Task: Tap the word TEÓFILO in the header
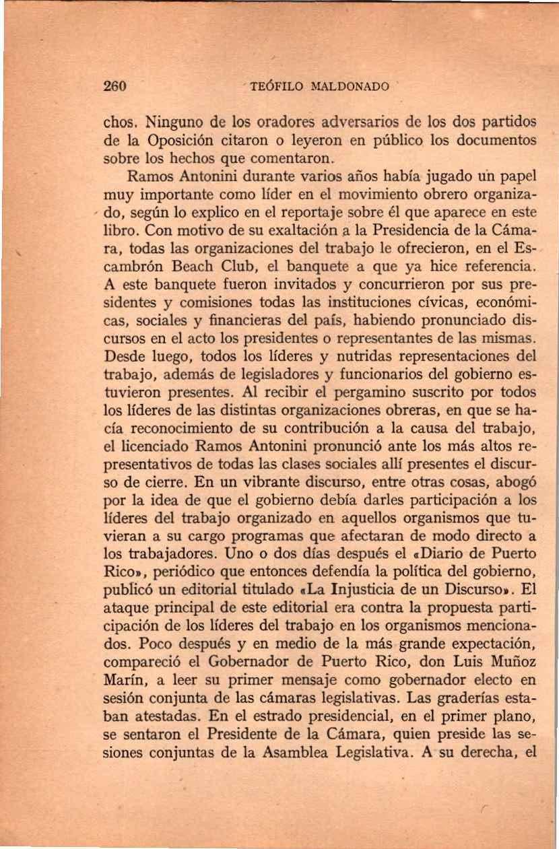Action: point(273,87)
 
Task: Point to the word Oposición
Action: point(177,141)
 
